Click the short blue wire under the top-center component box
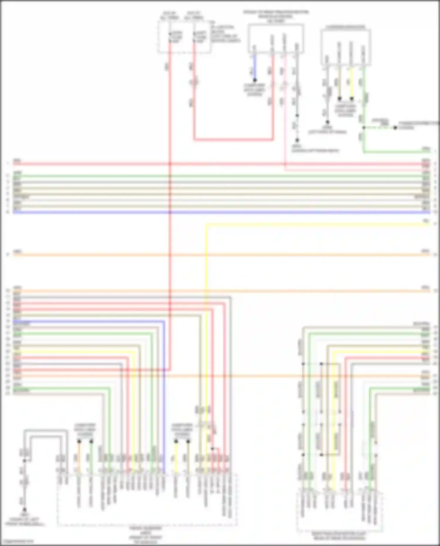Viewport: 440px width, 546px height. click(255, 67)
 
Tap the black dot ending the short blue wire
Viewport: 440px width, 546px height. click(255, 80)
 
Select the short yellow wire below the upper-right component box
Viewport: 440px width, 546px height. click(351, 84)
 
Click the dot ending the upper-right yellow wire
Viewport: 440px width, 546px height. click(352, 99)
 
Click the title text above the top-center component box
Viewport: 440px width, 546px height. click(275, 16)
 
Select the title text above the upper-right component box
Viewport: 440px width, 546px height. click(346, 27)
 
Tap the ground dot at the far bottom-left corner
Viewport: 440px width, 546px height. click(24, 510)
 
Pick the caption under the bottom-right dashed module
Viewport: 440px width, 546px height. click(339, 536)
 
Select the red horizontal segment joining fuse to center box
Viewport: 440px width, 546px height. click(233, 140)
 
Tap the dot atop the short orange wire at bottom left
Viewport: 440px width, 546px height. click(79, 441)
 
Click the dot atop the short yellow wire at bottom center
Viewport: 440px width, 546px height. click(176, 441)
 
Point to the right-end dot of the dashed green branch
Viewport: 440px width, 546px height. click(395, 128)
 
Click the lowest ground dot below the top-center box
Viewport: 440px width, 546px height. click(297, 141)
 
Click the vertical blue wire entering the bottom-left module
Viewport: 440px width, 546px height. click(164, 396)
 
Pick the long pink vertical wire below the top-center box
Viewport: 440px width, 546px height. click(285, 117)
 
